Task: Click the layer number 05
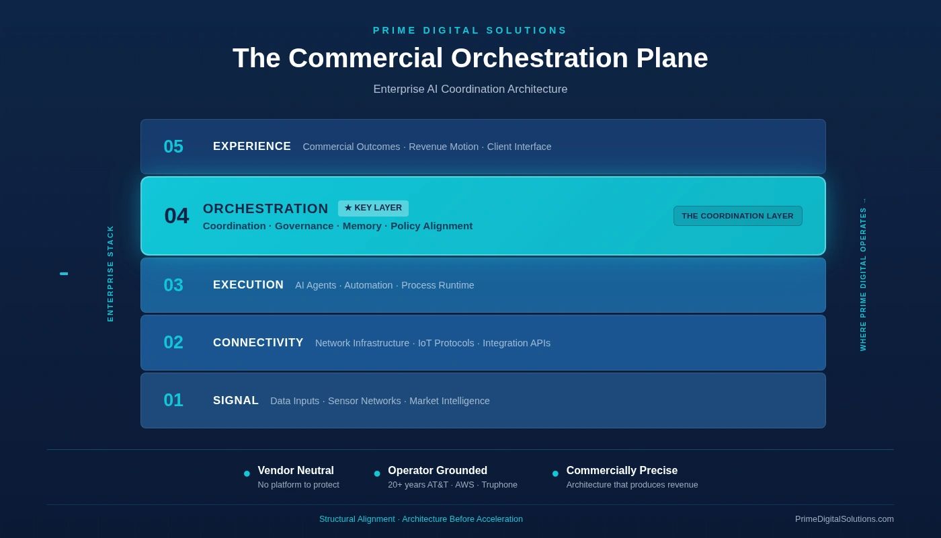173,147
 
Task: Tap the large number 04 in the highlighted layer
176,216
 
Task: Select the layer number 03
173,285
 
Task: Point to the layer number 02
173,342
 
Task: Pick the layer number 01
173,400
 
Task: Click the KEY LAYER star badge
373,208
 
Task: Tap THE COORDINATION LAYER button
738,216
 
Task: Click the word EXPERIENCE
251,147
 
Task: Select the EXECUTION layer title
248,284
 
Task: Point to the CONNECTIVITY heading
258,342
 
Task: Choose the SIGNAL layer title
236,401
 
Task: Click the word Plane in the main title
671,58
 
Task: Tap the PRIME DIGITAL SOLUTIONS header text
470,30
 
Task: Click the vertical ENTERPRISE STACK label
110,274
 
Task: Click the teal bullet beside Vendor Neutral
247,473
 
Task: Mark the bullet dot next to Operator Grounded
377,473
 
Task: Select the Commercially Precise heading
622,470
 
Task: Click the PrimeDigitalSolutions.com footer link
844,519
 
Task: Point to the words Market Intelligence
450,401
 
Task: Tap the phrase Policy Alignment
432,226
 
